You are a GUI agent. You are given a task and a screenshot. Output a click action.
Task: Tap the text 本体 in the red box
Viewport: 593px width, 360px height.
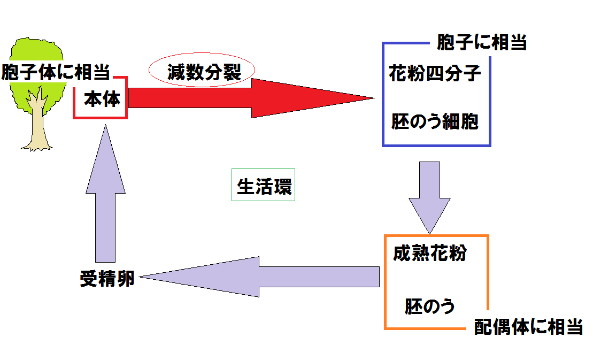[x=102, y=99]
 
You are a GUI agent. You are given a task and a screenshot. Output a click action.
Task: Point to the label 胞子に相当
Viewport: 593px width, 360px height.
[x=482, y=42]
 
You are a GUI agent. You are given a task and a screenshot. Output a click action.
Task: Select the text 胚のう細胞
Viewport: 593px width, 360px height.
[x=435, y=122]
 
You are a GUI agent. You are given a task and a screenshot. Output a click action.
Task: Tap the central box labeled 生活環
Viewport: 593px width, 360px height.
[x=264, y=186]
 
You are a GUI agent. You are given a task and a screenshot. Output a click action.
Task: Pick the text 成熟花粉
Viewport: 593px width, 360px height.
[x=429, y=253]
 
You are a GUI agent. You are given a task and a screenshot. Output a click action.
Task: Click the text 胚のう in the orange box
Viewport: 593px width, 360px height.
[x=430, y=307]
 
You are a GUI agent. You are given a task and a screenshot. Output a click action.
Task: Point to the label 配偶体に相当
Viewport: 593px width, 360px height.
[x=528, y=327]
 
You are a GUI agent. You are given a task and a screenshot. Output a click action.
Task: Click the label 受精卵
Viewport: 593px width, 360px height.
[x=107, y=278]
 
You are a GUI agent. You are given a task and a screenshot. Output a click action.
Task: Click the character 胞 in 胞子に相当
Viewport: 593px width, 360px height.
[x=446, y=42]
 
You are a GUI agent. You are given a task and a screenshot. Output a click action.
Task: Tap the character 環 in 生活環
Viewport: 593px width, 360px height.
[x=282, y=186]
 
